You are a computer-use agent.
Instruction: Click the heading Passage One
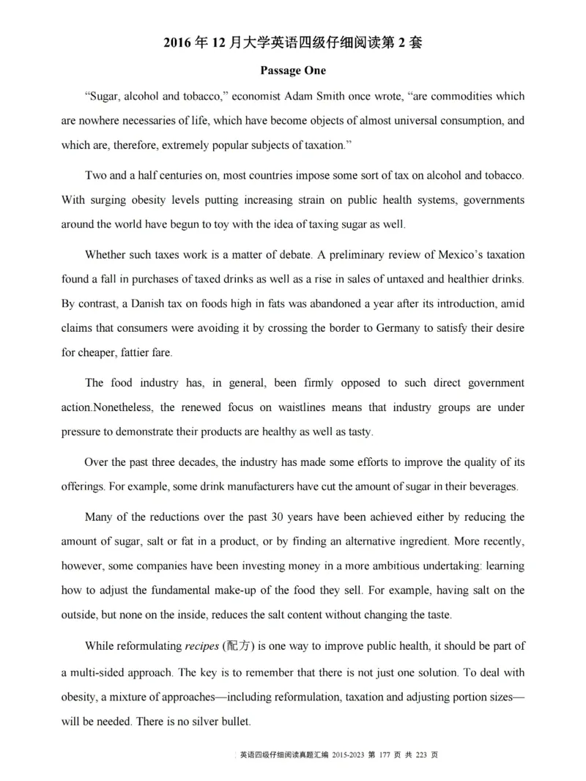(x=293, y=71)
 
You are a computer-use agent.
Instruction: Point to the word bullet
(x=232, y=721)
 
